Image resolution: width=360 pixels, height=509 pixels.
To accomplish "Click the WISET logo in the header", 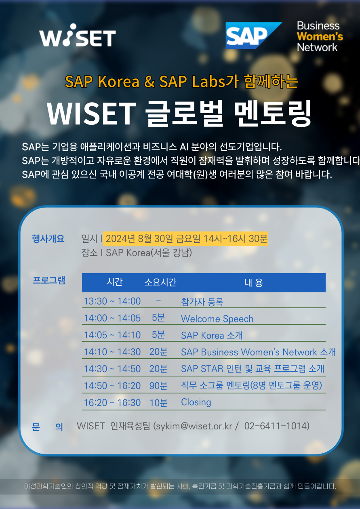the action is tap(78, 35).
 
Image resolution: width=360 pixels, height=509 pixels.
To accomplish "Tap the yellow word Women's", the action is tap(320, 37).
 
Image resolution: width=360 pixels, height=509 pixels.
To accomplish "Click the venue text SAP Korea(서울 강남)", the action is tap(149, 253).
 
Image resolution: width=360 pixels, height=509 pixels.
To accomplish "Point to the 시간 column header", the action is tap(115, 282).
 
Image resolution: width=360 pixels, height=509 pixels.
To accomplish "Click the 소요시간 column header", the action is tap(160, 282).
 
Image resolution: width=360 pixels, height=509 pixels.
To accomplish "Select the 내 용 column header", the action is tap(254, 283).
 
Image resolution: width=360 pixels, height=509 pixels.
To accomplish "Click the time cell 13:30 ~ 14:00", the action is tap(112, 301).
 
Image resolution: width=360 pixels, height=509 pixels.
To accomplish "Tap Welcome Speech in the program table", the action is tap(217, 319).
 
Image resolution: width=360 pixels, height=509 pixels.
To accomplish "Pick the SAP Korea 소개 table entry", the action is tap(212, 335).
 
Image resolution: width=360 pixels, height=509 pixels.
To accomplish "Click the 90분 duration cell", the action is tap(158, 386).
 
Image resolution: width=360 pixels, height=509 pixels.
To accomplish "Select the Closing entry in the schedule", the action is tap(196, 402).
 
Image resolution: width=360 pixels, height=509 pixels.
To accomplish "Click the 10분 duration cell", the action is tap(158, 403).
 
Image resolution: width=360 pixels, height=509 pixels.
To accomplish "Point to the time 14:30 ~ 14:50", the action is tap(112, 368).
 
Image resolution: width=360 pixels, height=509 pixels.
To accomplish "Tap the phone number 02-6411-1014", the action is tap(275, 426).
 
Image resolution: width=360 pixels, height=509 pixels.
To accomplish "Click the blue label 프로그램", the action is tap(49, 280).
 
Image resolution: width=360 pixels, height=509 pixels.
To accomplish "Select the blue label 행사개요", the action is tap(48, 239).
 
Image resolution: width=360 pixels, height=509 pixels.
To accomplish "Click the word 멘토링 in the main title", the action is tap(272, 113).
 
